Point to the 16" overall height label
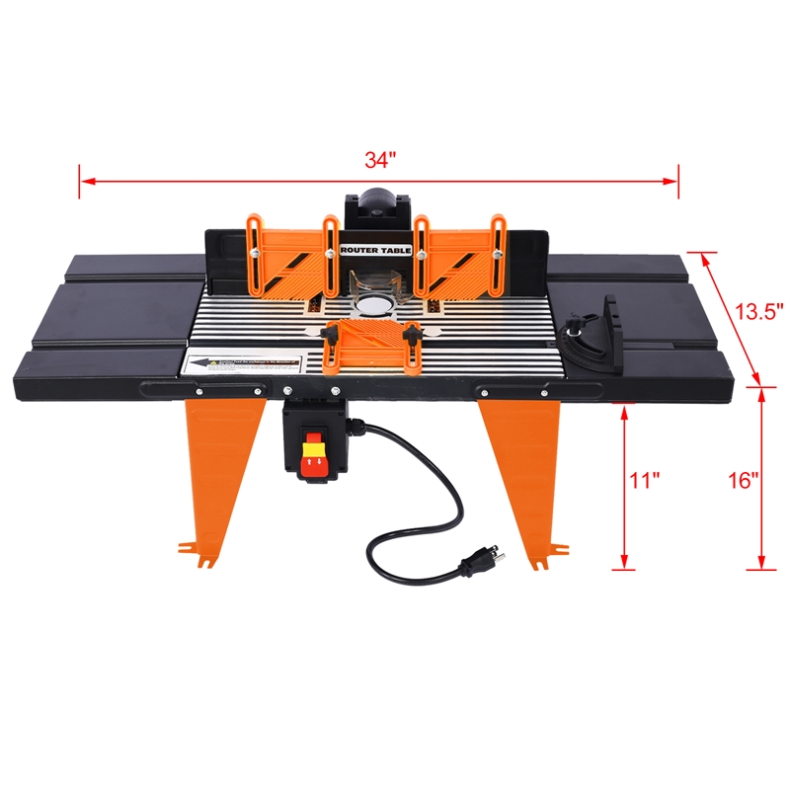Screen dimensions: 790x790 [x=744, y=481]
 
